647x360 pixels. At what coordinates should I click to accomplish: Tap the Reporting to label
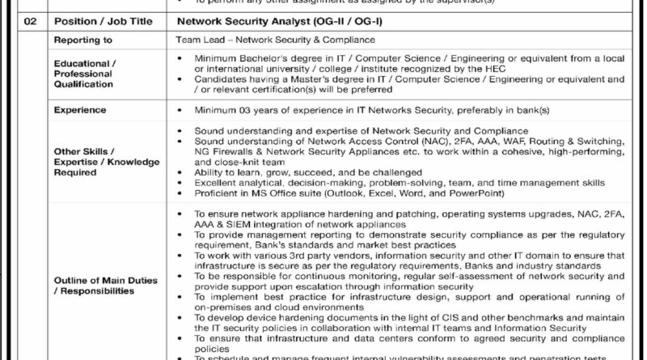click(x=82, y=39)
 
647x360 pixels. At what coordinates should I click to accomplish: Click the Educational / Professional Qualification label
click(x=85, y=73)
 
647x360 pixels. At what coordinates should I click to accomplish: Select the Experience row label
click(x=80, y=109)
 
